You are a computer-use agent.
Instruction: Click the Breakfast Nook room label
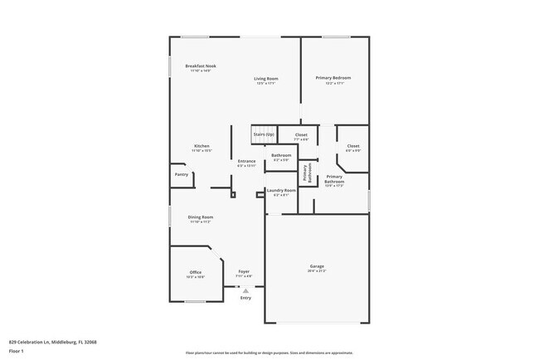[201, 66]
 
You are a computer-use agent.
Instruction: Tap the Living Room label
[266, 79]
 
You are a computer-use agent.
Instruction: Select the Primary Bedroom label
[333, 78]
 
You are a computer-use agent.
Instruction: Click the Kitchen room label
[202, 146]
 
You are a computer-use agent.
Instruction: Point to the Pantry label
[181, 174]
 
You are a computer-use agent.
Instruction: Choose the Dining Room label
[201, 217]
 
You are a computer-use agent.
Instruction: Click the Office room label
[196, 272]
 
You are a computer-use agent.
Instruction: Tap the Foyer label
[244, 271]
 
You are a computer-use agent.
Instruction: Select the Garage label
[317, 266]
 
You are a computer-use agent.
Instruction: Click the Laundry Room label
[281, 191]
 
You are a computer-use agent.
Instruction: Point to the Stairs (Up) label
[264, 134]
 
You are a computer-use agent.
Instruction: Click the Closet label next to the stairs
[300, 134]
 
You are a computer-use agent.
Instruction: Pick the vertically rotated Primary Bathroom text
[306, 172]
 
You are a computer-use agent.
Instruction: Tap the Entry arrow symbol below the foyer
[245, 290]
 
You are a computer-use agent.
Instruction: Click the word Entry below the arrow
[245, 298]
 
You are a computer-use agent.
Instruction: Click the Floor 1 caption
[17, 351]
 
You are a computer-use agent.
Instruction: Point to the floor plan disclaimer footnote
[269, 353]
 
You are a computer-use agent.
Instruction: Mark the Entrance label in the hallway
[246, 161]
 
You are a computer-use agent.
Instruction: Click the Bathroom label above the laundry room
[281, 155]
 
